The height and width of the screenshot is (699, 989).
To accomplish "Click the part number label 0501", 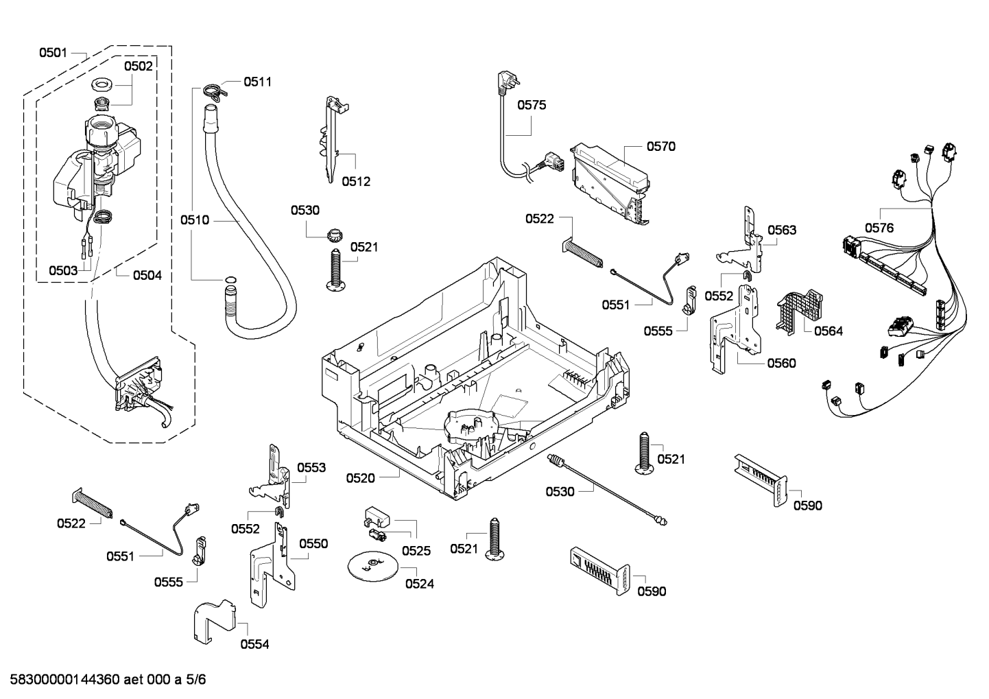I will (x=53, y=52).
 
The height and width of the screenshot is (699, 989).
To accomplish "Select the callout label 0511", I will (x=257, y=82).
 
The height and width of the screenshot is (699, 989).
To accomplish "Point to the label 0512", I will (x=356, y=181).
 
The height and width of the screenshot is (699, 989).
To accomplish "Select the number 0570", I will (x=660, y=146).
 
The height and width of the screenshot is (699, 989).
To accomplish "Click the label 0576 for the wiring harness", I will (x=879, y=228).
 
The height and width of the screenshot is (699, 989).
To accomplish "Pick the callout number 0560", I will (x=782, y=363).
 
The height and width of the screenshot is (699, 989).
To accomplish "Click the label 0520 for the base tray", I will (x=360, y=478).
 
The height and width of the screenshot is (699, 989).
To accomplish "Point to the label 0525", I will (x=416, y=550).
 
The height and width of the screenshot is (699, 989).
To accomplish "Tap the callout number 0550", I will (x=313, y=543).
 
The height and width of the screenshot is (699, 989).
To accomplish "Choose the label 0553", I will (x=311, y=467).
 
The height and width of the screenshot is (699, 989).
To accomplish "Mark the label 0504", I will (x=147, y=275).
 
